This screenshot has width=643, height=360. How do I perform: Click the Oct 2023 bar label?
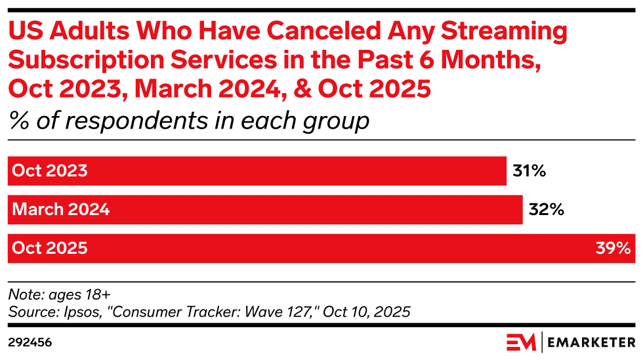tap(50, 171)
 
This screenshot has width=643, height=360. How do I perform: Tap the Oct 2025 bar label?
tap(50, 249)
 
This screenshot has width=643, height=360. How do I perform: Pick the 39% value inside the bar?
tap(614, 249)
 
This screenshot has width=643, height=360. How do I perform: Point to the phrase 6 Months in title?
tap(475, 60)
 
